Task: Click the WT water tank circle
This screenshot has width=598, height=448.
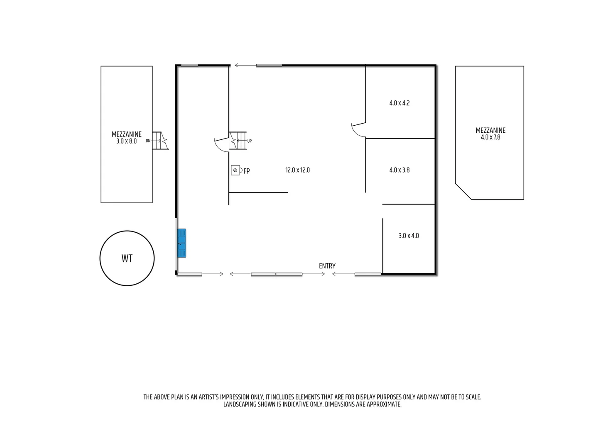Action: tap(127, 258)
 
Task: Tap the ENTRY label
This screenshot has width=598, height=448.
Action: tap(327, 266)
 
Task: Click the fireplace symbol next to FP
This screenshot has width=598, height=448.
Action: tap(235, 170)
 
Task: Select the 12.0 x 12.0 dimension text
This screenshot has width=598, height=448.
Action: tap(297, 170)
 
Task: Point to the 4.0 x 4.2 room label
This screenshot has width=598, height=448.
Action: tap(399, 103)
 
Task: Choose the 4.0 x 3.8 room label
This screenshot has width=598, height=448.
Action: tap(399, 170)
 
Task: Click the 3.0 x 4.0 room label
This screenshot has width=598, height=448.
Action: tap(409, 236)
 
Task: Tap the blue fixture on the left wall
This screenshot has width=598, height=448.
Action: tap(181, 243)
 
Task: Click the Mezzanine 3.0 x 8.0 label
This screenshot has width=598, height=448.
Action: tap(127, 138)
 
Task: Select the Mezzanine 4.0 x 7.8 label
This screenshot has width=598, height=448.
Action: tap(490, 134)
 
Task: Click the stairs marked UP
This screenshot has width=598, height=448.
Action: tap(238, 141)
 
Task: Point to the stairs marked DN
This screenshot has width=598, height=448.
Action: tap(160, 141)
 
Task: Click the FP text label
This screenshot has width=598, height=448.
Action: tap(247, 171)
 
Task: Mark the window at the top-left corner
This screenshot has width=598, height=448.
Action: tap(189, 65)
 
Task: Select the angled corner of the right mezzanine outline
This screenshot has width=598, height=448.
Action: tap(463, 191)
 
